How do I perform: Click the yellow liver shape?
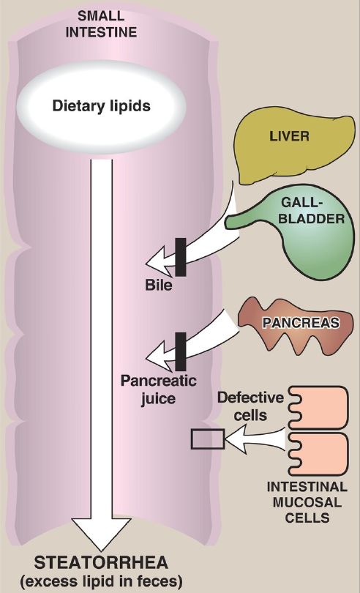[x=295, y=146]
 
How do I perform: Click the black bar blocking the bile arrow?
[x=181, y=257]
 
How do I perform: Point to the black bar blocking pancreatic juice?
[x=181, y=351]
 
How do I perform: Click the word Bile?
[x=159, y=285]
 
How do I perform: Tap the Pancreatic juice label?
[x=159, y=389]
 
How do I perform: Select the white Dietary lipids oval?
[x=102, y=107]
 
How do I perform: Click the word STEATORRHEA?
[x=101, y=563]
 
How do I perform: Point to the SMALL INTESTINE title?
[x=101, y=24]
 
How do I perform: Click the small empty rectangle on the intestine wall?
[x=208, y=439]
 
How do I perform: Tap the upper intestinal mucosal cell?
[x=319, y=408]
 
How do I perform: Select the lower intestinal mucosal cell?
[x=319, y=454]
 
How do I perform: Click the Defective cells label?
[x=250, y=406]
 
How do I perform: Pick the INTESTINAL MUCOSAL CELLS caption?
[x=307, y=502]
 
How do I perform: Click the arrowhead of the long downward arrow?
[x=102, y=534]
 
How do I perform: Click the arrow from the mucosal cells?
[x=255, y=439]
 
